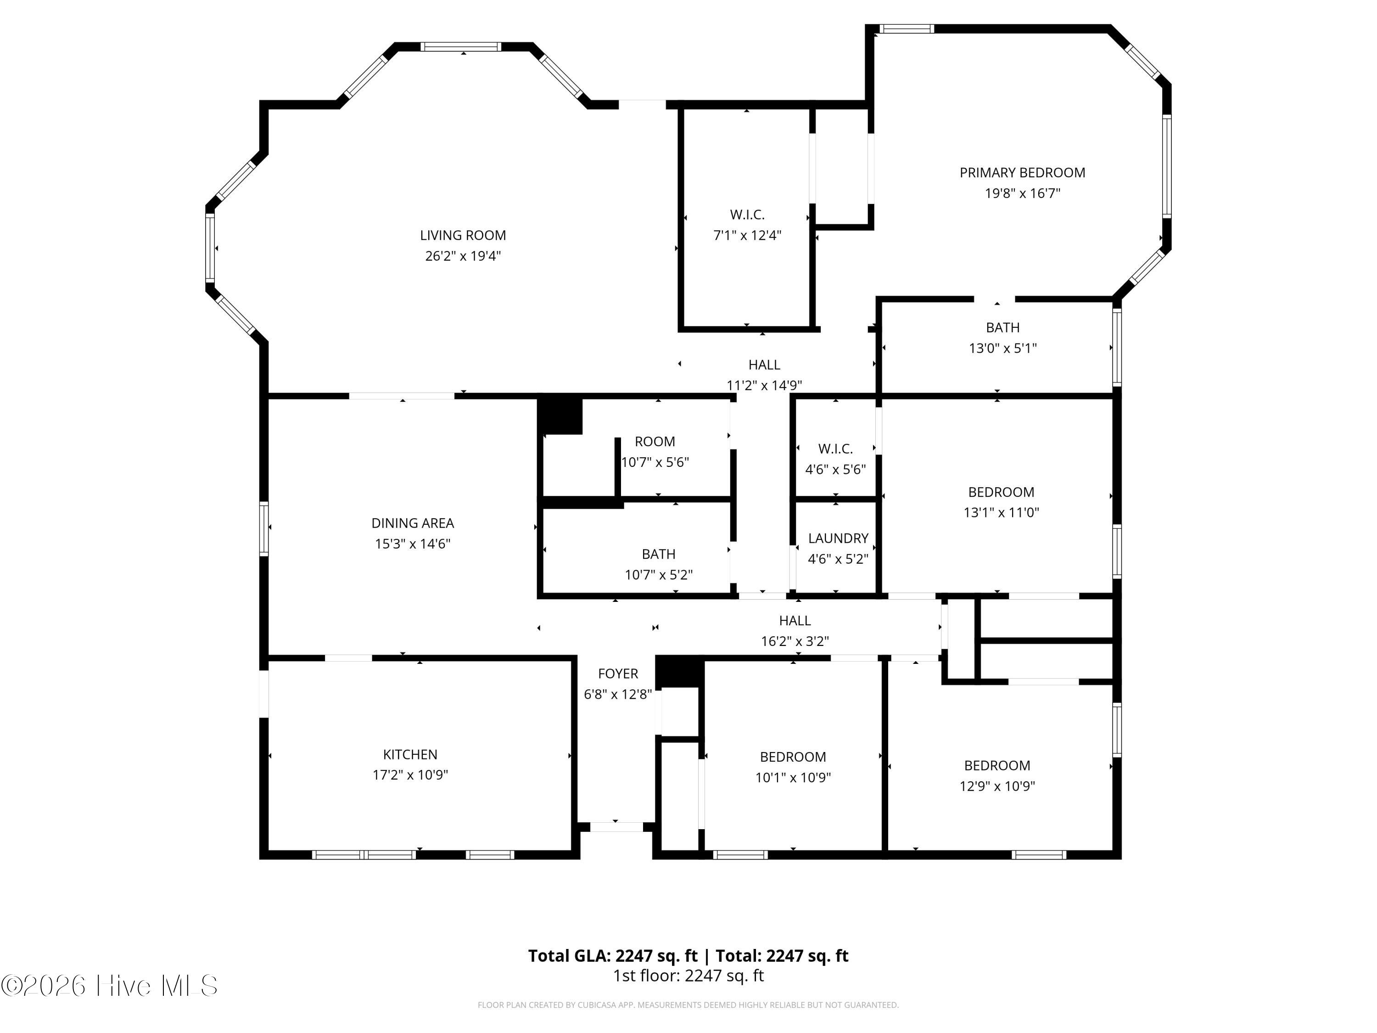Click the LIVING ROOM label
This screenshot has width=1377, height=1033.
463,236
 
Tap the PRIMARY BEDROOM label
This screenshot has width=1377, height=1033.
1022,173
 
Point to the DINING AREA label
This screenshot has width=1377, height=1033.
413,523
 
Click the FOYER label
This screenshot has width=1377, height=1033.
618,673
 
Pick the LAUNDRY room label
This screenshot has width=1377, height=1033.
838,538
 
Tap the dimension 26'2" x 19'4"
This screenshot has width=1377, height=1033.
463,256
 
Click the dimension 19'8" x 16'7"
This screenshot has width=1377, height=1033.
1022,193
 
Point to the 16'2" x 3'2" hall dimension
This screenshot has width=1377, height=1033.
795,641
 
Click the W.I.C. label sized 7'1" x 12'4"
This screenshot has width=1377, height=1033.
747,215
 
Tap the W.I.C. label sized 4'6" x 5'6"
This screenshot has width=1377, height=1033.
835,449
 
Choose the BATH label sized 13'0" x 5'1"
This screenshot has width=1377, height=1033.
1003,327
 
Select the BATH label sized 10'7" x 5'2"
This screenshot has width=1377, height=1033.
659,554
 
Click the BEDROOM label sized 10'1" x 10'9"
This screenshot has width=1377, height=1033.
793,757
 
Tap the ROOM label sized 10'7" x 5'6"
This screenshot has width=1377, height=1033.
655,442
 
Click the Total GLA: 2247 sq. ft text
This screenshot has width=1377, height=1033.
613,956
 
